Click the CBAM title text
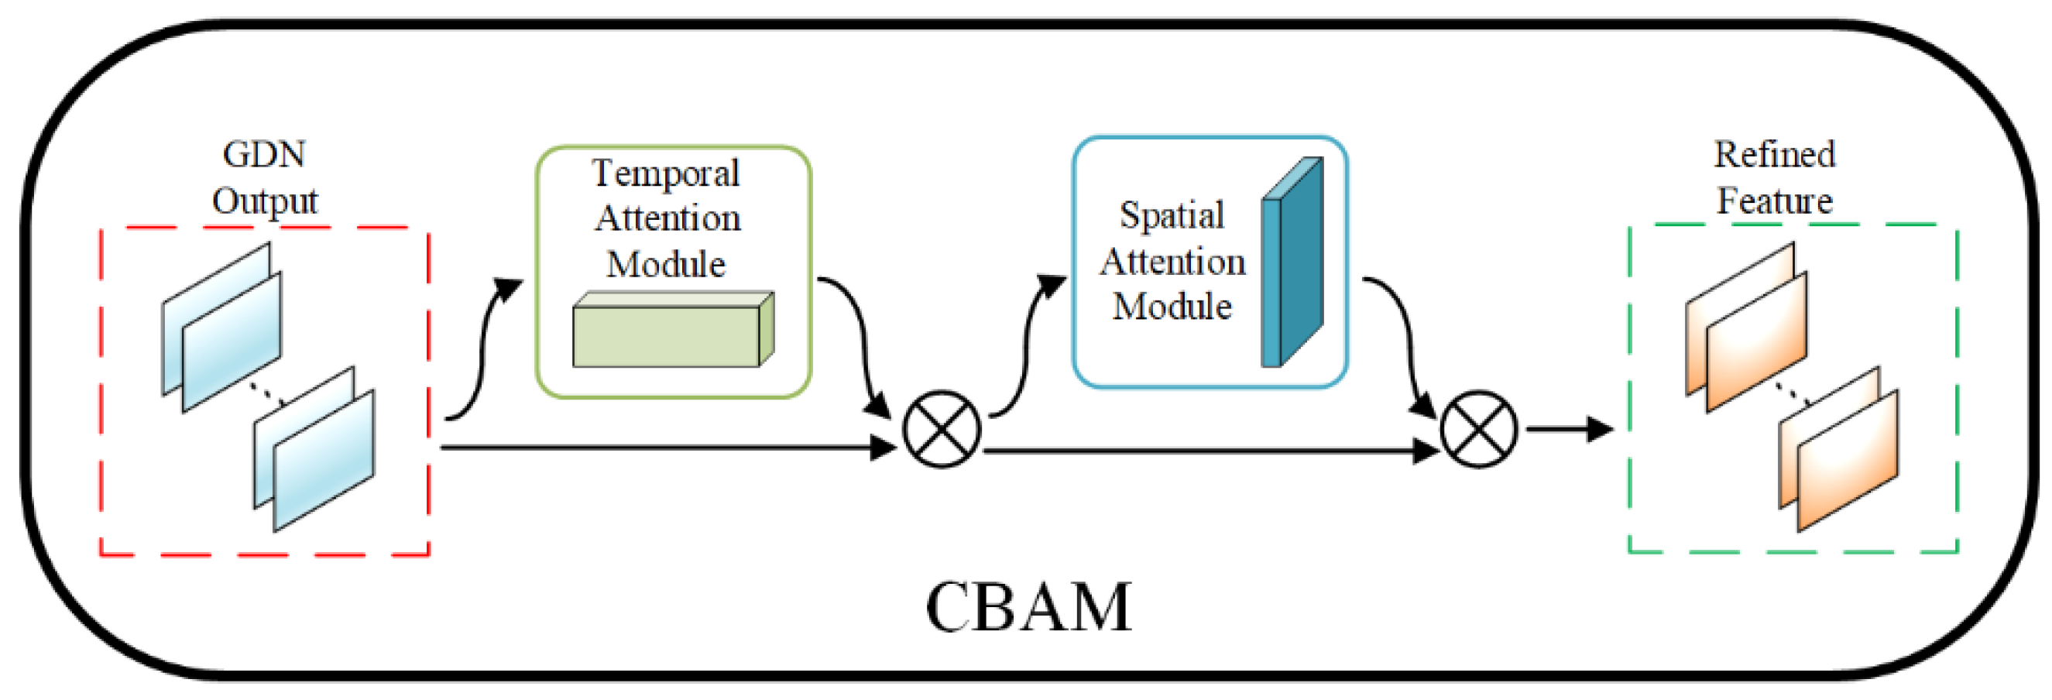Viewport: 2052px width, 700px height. [x=1028, y=607]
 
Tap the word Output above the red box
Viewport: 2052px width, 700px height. [x=265, y=201]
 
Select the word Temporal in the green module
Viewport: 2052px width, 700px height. [x=666, y=173]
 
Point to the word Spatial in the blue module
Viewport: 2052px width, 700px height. [x=1172, y=215]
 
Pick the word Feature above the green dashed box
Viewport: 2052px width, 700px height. [x=1775, y=200]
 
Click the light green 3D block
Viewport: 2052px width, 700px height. [x=674, y=330]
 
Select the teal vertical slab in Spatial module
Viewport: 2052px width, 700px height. [x=1292, y=262]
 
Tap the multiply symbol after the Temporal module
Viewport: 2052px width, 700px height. [x=942, y=429]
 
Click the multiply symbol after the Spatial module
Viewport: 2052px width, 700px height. [x=1478, y=429]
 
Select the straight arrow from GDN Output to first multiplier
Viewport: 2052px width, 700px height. [x=669, y=448]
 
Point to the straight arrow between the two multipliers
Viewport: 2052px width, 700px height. [x=1212, y=451]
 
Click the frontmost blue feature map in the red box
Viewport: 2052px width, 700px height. [x=324, y=460]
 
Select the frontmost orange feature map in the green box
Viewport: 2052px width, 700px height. [x=1848, y=460]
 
